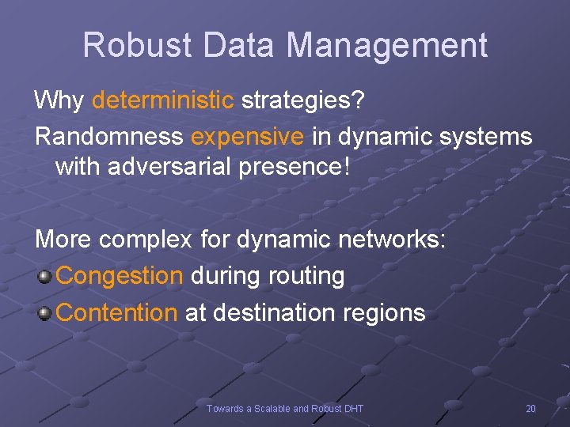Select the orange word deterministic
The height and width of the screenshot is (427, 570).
(x=163, y=100)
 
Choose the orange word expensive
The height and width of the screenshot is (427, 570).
(x=247, y=136)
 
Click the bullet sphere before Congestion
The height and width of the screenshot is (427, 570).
(x=44, y=277)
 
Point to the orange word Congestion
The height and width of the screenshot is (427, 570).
(x=120, y=276)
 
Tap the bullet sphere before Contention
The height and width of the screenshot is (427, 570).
(x=44, y=313)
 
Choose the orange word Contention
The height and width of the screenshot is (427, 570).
(x=117, y=312)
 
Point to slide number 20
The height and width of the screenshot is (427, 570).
(x=530, y=408)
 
